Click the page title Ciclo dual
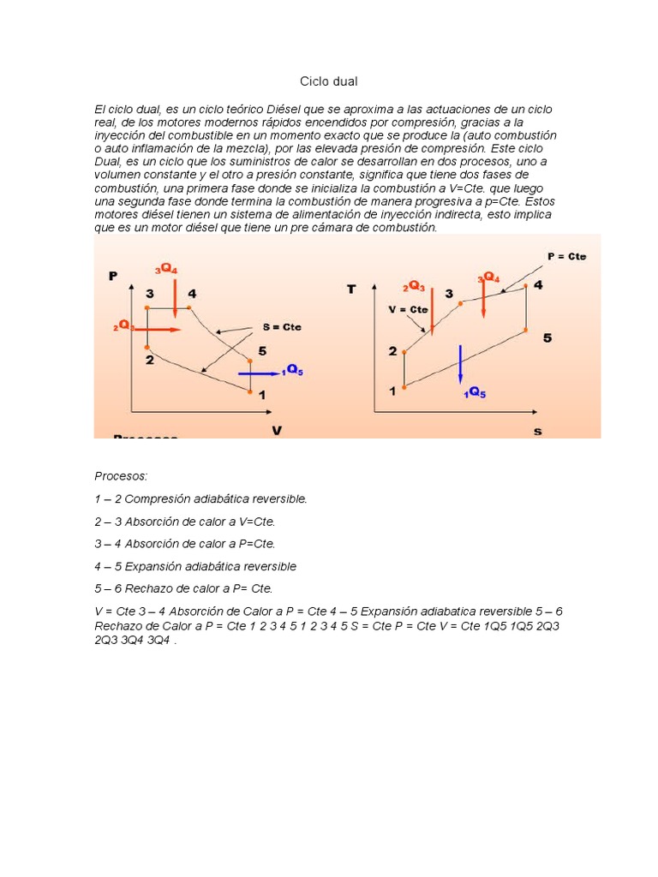coord(328,81)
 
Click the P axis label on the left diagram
coord(112,275)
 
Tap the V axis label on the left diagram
coord(277,430)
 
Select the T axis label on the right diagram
coord(351,289)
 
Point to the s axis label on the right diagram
coord(537,432)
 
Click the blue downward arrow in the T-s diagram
coord(461,364)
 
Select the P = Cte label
coord(566,256)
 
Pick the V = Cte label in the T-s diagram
coord(408,309)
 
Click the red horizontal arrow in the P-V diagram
coord(163,329)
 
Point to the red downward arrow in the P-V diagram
coord(174,296)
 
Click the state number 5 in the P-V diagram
coord(262,350)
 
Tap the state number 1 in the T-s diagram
coord(392,391)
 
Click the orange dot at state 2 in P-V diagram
coord(148,348)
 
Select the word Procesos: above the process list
coord(121,474)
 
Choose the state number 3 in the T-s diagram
coord(448,294)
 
